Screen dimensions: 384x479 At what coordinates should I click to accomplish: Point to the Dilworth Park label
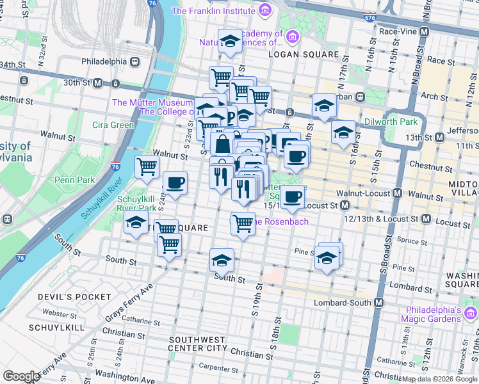(x=391, y=122)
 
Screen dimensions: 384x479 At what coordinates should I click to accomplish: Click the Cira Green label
(x=113, y=125)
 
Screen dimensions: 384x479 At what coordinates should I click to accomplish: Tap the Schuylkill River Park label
(x=137, y=203)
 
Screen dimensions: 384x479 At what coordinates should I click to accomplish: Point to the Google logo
(x=21, y=376)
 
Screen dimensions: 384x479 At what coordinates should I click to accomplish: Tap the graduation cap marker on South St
(x=222, y=260)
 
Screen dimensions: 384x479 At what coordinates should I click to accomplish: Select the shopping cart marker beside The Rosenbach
(x=243, y=224)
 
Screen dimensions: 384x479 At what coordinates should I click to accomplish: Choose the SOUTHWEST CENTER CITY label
(x=198, y=344)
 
